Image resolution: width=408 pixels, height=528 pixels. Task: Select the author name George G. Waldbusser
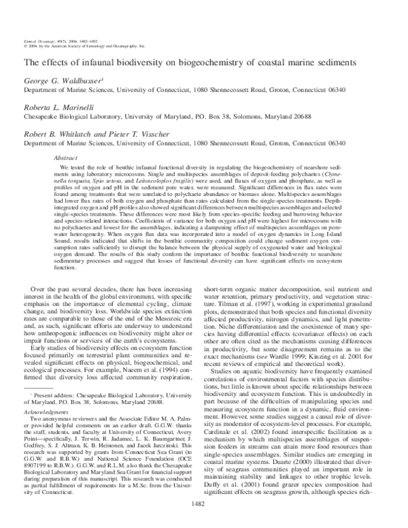(63, 80)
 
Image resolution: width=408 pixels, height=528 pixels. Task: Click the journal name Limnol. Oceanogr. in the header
(38, 43)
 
